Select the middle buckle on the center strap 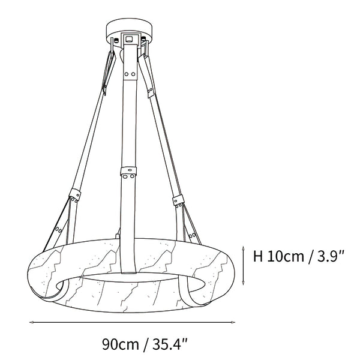(128, 173)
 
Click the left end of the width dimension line (30, 323)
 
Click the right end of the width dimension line (233, 323)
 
